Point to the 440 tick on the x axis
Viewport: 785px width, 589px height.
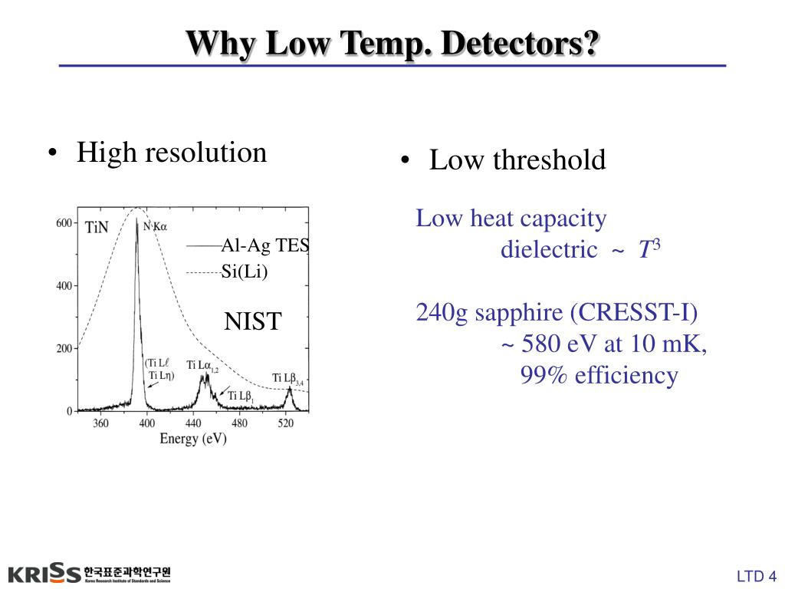pos(193,423)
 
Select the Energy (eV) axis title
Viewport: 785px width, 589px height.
pos(192,439)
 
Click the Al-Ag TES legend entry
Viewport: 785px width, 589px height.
pos(264,245)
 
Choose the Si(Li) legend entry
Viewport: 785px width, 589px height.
pos(245,271)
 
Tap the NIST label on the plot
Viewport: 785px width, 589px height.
pos(253,321)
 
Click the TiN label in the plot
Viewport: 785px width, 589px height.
pos(97,227)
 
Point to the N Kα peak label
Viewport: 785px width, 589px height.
pos(156,225)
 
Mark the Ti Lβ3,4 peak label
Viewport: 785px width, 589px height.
pos(288,377)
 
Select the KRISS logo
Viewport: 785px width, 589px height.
pos(44,573)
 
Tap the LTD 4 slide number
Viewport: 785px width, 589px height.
pos(757,577)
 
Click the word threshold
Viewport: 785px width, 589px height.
pos(549,160)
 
